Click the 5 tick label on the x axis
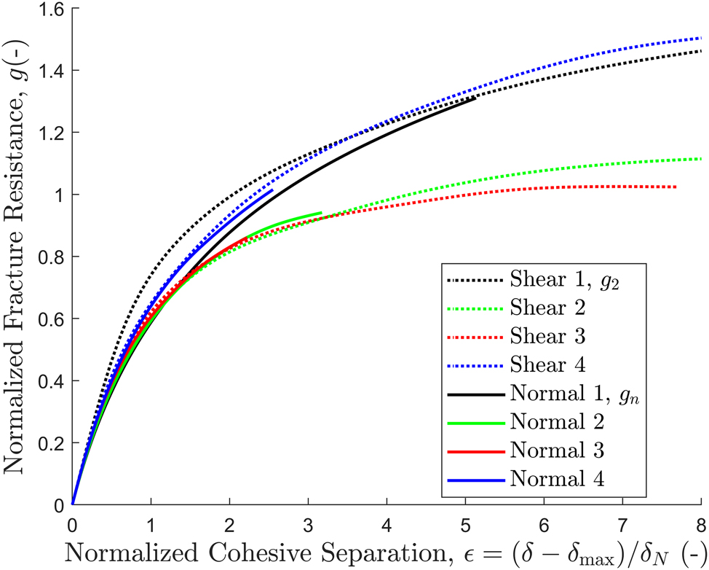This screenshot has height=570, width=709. tap(465, 523)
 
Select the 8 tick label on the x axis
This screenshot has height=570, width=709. tap(700, 523)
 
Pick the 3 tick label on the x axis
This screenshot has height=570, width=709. tap(308, 523)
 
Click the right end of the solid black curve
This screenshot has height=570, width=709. tap(475, 98)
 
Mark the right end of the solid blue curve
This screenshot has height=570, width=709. tap(272, 190)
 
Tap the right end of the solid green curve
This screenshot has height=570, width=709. tap(321, 213)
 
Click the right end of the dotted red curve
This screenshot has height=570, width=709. tap(676, 187)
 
